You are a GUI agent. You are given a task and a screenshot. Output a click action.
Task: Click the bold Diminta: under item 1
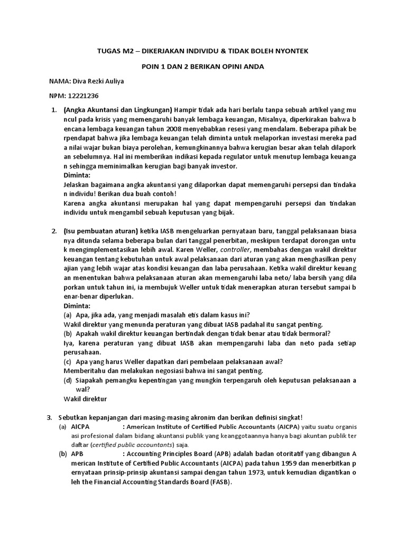(77, 175)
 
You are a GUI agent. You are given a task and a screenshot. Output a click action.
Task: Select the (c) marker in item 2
(68, 361)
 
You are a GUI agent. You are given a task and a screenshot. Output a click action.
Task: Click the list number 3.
(50, 417)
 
